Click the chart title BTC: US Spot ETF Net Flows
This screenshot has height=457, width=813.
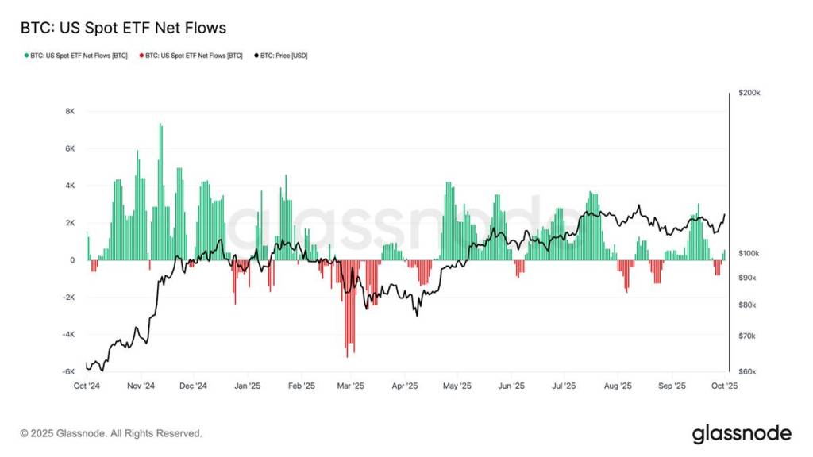pyautogui.click(x=123, y=28)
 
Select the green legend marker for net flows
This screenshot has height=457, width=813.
pyautogui.click(x=27, y=56)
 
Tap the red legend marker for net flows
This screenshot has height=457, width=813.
pyautogui.click(x=141, y=56)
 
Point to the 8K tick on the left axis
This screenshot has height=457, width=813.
pyautogui.click(x=70, y=112)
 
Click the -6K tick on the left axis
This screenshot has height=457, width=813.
pyautogui.click(x=69, y=371)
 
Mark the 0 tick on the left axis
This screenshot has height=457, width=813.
pyautogui.click(x=72, y=260)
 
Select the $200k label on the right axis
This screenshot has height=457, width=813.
pyautogui.click(x=749, y=93)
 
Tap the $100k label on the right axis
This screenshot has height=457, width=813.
pyautogui.click(x=749, y=253)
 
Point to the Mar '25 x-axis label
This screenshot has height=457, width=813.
pyautogui.click(x=350, y=386)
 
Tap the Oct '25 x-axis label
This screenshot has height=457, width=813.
pyautogui.click(x=724, y=386)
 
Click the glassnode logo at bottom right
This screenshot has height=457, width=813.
pyautogui.click(x=742, y=433)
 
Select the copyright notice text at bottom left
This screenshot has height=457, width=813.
pyautogui.click(x=111, y=434)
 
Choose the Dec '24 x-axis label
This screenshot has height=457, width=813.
pyautogui.click(x=193, y=386)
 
